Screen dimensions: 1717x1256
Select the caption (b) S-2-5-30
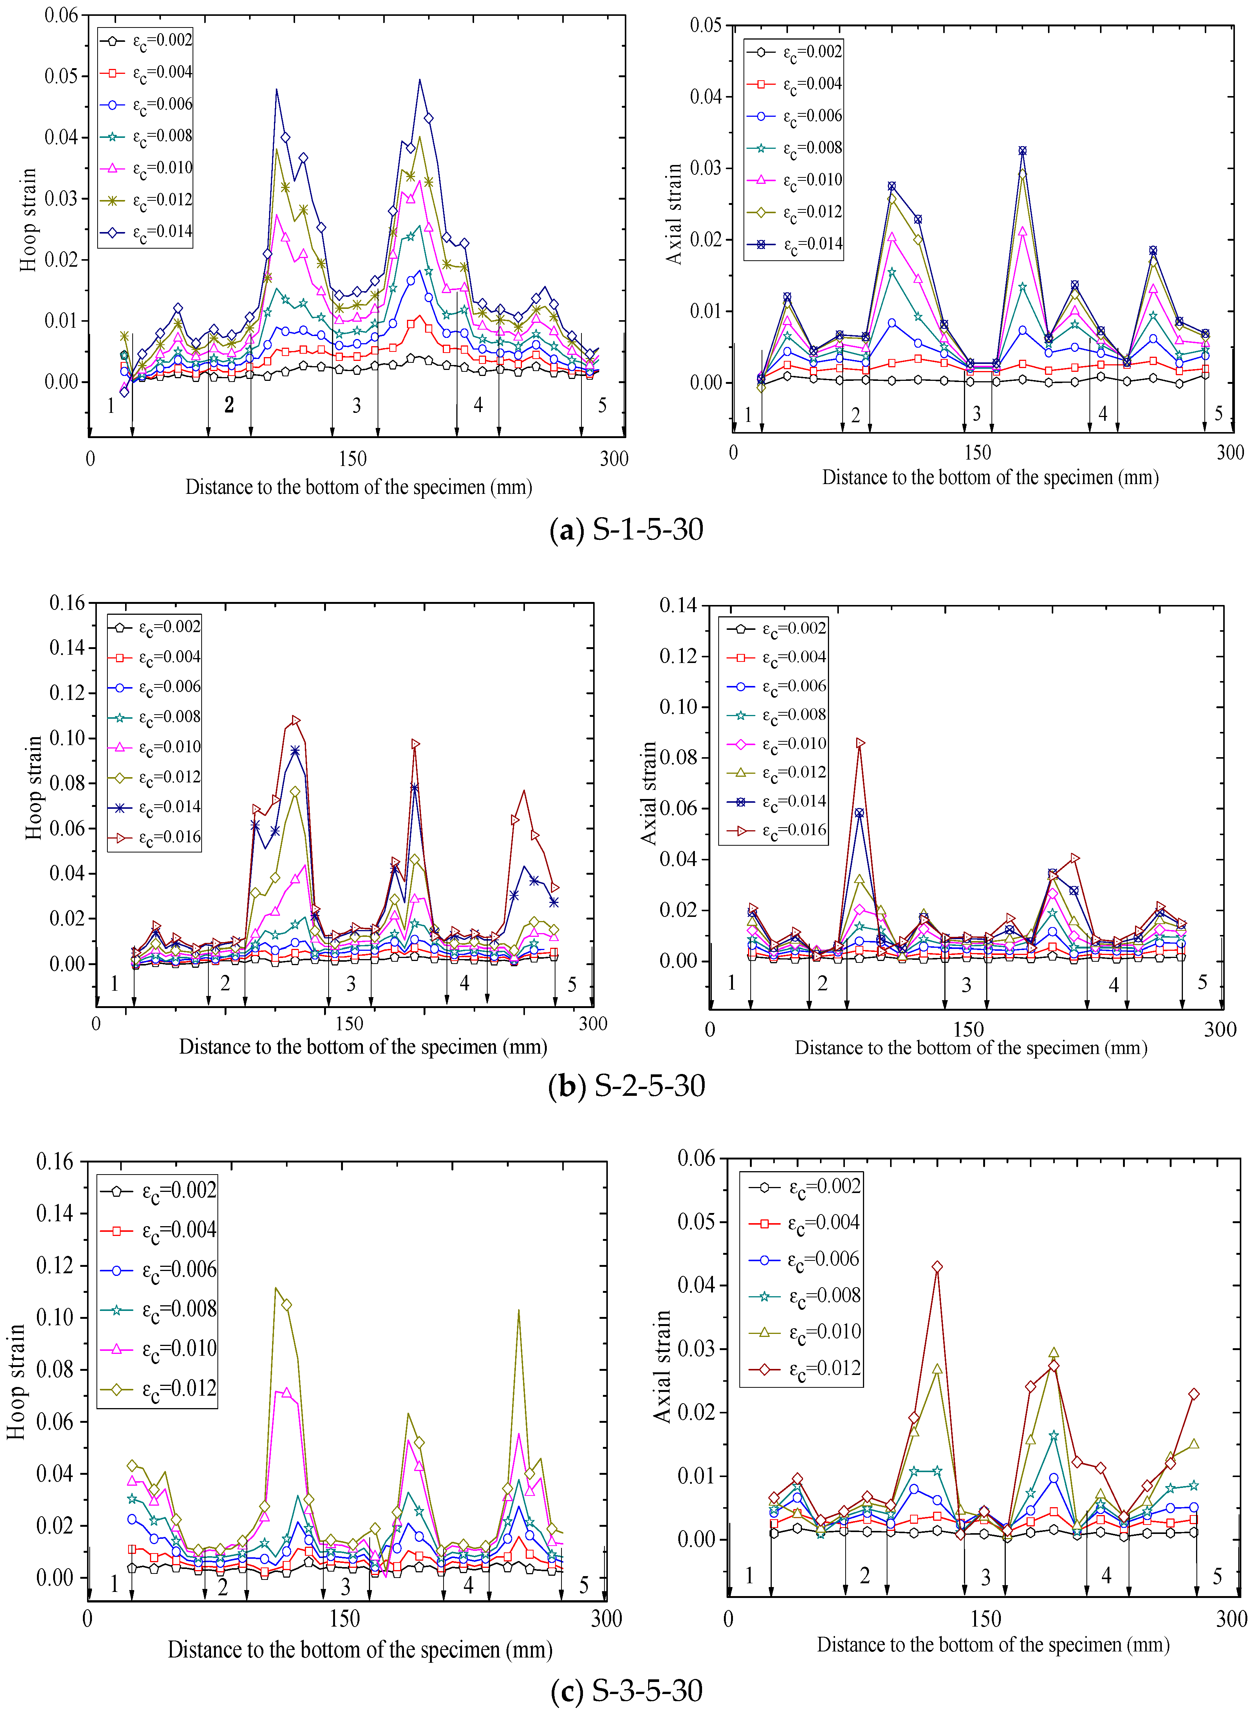(x=626, y=1085)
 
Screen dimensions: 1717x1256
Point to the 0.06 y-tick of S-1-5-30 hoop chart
(x=61, y=15)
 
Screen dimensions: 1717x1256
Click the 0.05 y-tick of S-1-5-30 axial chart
(x=705, y=25)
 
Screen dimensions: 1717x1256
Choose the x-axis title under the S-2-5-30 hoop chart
(x=363, y=1046)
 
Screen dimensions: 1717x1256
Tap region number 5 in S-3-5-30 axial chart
(x=1216, y=1577)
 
